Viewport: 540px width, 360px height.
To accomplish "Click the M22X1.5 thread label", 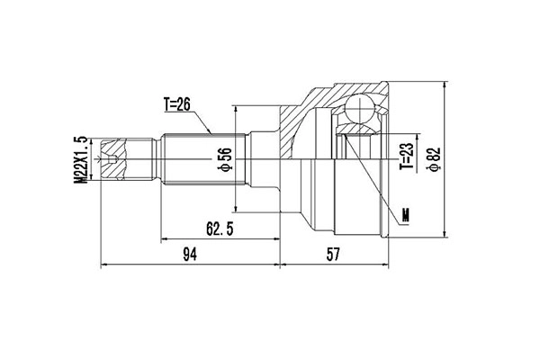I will pyautogui.click(x=80, y=160).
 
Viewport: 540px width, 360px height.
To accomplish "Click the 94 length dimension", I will pyautogui.click(x=190, y=255).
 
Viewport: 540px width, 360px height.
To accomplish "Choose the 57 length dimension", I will pyautogui.click(x=333, y=255).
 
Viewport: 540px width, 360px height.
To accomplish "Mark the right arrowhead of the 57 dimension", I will pyautogui.click(x=388, y=265).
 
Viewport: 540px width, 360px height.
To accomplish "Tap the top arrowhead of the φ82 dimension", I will pyautogui.click(x=445, y=84).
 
